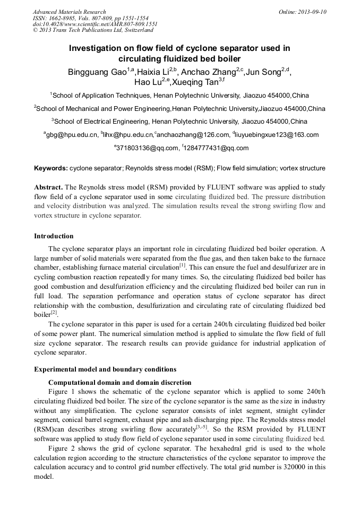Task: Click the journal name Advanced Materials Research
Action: [x=70, y=12]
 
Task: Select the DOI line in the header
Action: [x=95, y=24]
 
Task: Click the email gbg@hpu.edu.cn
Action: [x=72, y=135]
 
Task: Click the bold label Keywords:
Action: [x=51, y=168]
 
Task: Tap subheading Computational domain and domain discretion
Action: [x=119, y=382]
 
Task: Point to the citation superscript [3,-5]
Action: [x=201, y=426]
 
